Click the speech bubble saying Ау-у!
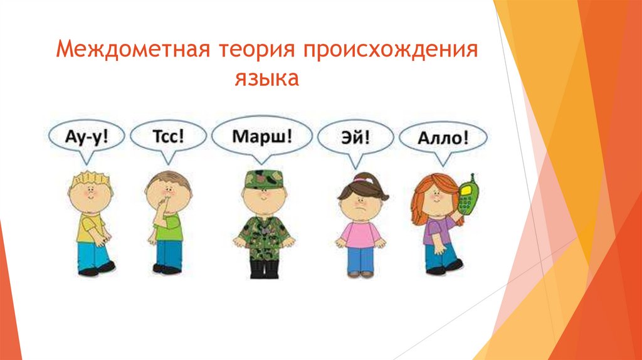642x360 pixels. (x=87, y=136)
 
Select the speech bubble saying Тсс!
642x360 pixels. (x=168, y=136)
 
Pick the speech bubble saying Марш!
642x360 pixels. (x=261, y=136)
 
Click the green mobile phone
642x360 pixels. (x=467, y=196)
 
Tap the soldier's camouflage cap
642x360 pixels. (x=264, y=179)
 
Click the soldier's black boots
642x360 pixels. (x=264, y=268)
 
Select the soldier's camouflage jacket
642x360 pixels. (x=264, y=236)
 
